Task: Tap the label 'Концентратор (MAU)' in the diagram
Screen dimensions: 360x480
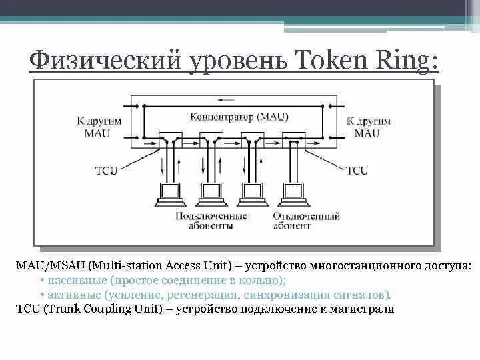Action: click(239, 117)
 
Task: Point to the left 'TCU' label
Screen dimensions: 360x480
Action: click(105, 171)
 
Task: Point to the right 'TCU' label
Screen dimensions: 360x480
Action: click(357, 171)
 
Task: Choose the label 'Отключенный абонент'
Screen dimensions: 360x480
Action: click(306, 221)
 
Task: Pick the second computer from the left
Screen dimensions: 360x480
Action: click(212, 193)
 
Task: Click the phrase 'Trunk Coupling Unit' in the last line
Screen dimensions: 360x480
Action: click(106, 309)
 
